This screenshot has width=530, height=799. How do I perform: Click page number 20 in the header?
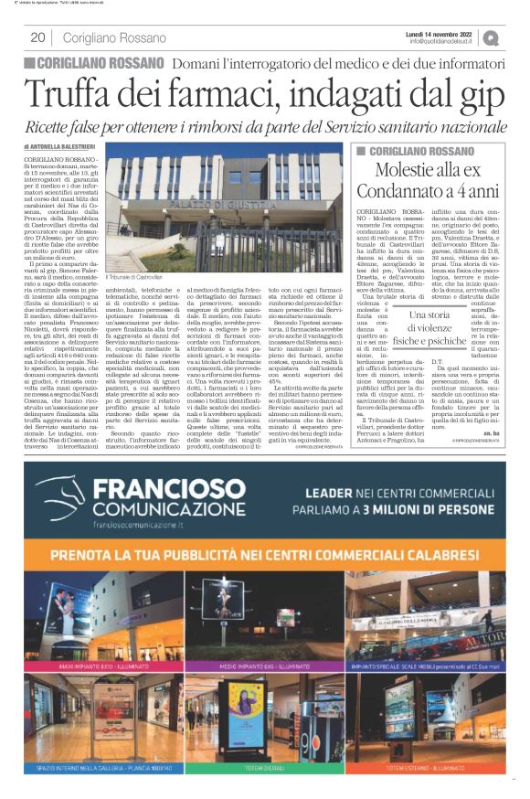tap(37, 37)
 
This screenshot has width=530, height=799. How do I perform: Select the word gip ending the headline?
tap(472, 94)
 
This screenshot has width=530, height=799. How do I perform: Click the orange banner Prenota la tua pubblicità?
tap(265, 556)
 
